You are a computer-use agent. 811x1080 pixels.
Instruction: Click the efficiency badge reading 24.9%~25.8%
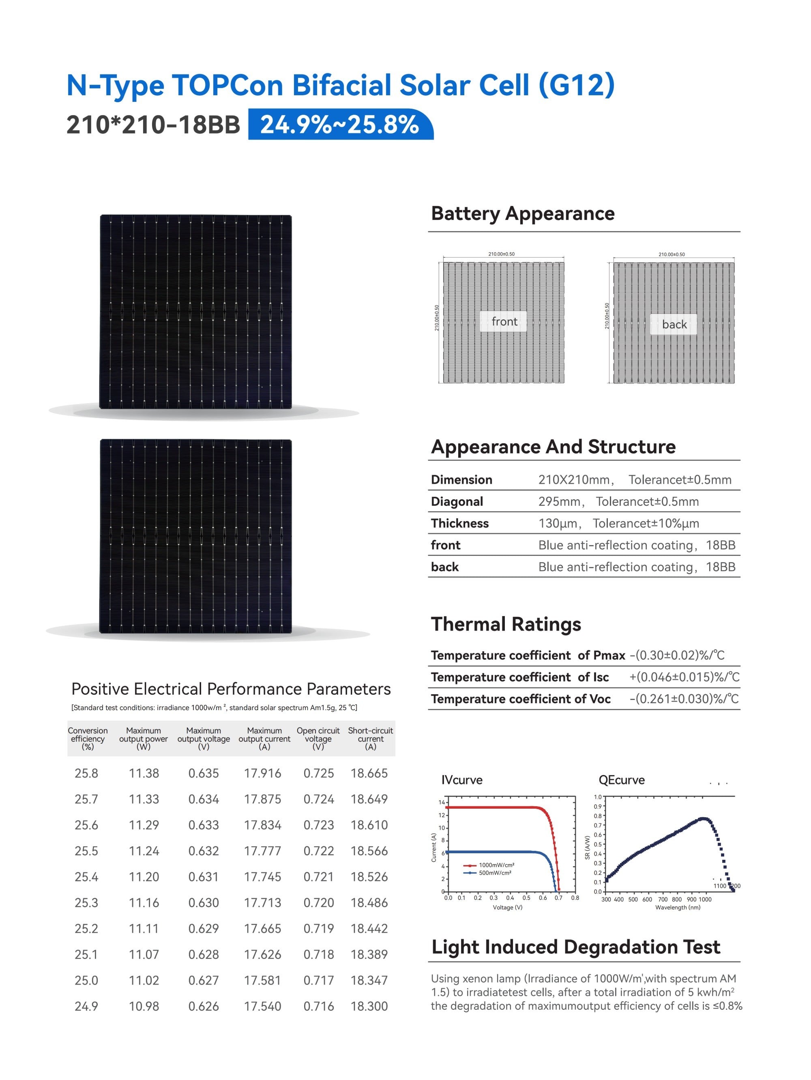point(340,125)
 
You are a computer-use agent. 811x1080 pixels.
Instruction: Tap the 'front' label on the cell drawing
point(504,321)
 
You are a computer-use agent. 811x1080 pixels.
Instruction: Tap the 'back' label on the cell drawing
point(674,324)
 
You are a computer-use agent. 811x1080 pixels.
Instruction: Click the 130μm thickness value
point(558,524)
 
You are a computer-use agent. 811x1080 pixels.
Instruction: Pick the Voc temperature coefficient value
point(684,699)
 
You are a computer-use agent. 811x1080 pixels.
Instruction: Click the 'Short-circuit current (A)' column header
point(370,738)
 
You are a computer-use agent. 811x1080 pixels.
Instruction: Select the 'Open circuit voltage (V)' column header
point(318,738)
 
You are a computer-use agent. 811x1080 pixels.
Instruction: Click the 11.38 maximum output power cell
point(144,773)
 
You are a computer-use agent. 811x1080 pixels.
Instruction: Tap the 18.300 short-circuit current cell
point(369,1006)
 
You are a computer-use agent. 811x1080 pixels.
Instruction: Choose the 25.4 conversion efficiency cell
point(86,877)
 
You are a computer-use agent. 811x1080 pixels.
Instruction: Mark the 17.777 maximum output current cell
point(263,851)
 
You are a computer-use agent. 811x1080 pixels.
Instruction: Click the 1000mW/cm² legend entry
point(496,865)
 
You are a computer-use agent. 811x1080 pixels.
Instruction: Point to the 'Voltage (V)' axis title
point(507,907)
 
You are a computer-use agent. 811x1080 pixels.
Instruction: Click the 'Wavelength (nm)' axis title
point(677,907)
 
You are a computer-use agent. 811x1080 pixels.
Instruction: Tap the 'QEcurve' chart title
point(621,780)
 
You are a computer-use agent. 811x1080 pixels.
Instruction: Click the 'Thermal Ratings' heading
point(506,625)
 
